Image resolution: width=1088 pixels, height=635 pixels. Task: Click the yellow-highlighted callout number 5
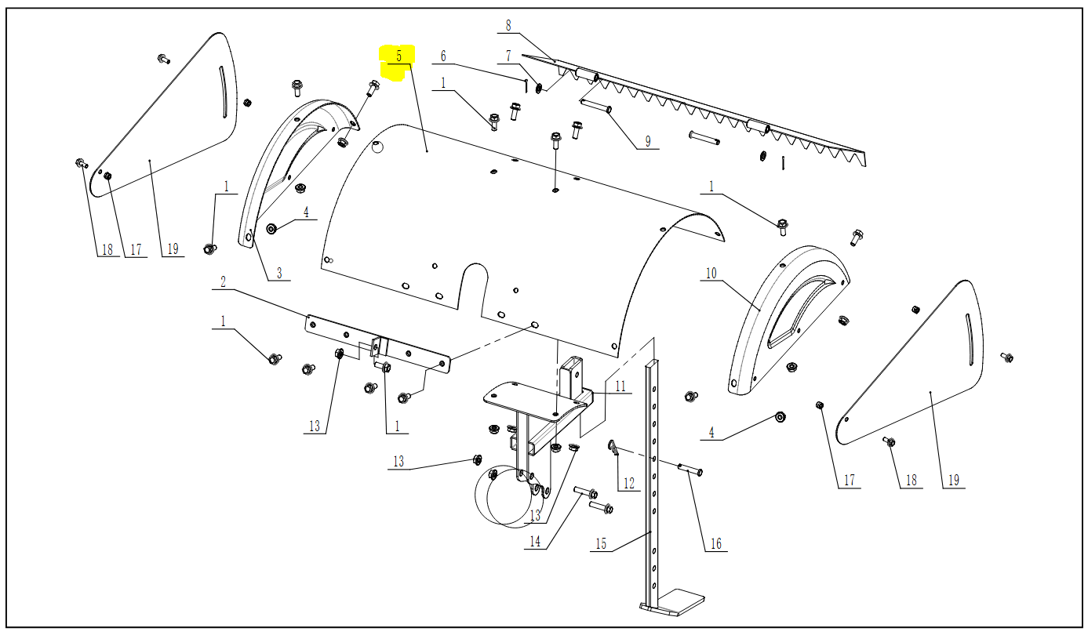point(398,56)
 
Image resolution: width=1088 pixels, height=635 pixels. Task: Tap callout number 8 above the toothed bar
point(508,26)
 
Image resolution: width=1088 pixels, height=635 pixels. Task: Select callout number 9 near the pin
point(648,142)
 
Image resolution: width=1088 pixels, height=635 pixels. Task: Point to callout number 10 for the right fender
point(711,274)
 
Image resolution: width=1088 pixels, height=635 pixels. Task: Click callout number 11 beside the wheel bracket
point(620,386)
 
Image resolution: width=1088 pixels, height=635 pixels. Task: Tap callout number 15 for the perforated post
point(601,544)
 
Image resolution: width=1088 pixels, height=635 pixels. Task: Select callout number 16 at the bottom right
point(715,543)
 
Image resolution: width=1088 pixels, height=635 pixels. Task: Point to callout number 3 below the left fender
point(278,274)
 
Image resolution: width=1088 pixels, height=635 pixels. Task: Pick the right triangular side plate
point(918,368)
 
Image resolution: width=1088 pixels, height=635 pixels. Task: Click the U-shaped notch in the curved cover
point(473,282)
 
